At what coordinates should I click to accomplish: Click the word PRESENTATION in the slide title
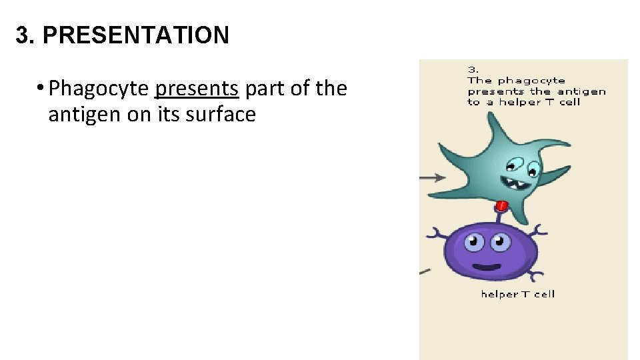pyautogui.click(x=136, y=35)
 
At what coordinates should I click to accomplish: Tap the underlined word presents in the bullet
pyautogui.click(x=196, y=88)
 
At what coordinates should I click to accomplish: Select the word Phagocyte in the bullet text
pyautogui.click(x=99, y=88)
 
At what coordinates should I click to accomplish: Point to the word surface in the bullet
pyautogui.click(x=223, y=115)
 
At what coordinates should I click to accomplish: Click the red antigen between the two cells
pyautogui.click(x=503, y=206)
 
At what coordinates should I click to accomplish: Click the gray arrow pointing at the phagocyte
pyautogui.click(x=433, y=177)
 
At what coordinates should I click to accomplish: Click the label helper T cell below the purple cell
pyautogui.click(x=517, y=294)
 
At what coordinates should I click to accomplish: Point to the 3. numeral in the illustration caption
pyautogui.click(x=473, y=69)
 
